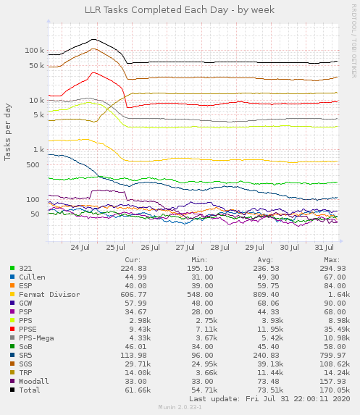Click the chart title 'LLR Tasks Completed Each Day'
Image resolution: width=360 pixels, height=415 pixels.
180,8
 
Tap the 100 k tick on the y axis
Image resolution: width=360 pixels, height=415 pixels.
35,51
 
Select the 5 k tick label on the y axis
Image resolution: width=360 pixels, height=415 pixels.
38,115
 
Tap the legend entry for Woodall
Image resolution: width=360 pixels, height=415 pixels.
33,381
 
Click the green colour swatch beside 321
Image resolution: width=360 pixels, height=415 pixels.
12,268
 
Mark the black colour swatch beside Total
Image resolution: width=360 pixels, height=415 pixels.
12,390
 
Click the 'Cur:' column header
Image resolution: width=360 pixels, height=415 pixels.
133,259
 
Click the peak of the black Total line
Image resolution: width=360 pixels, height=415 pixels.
94,39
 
